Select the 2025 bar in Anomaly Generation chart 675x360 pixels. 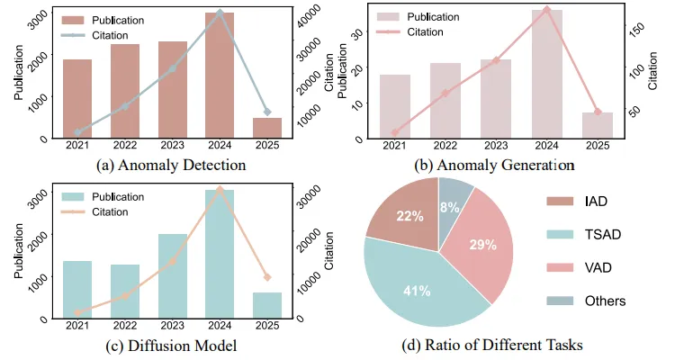[598, 125]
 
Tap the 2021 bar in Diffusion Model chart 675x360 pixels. [77, 289]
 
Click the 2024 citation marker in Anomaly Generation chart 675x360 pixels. [546, 10]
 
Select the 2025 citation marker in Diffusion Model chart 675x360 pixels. [267, 276]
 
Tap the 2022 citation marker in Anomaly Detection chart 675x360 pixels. [124, 106]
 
